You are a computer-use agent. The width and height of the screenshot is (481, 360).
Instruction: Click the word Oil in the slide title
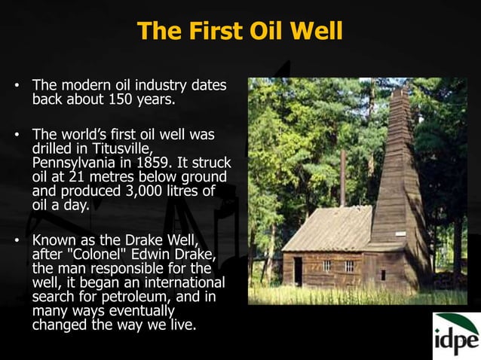point(275,31)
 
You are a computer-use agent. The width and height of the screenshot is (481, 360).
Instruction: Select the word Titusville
point(113,148)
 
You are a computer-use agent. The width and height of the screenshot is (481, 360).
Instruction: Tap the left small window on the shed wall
point(326,265)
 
